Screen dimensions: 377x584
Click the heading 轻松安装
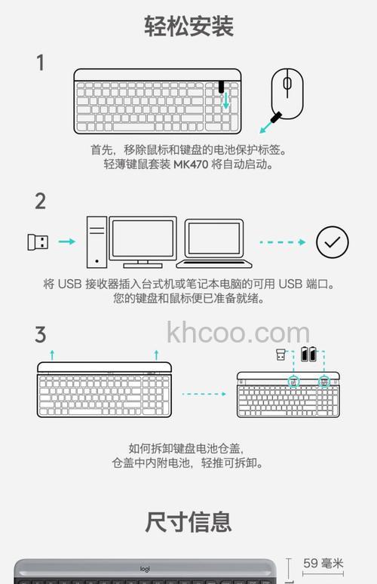coord(188,26)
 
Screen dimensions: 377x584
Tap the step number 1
coord(40,63)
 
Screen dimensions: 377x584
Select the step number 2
coord(40,201)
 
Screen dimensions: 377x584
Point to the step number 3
coord(40,334)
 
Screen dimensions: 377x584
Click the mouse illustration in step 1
coord(287,94)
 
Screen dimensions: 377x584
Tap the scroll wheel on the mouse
coord(287,83)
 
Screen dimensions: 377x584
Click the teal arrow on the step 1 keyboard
coord(225,100)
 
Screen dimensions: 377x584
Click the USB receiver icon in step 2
coord(38,242)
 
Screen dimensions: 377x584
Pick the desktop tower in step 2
coord(97,242)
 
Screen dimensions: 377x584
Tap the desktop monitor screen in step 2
coord(143,238)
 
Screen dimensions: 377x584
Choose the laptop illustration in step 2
coord(214,244)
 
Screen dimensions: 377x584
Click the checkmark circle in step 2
coord(333,242)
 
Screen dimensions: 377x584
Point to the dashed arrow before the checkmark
coord(283,242)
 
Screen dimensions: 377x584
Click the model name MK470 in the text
coord(191,164)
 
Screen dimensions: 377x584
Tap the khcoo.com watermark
coord(238,332)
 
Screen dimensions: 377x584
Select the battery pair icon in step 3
coord(309,354)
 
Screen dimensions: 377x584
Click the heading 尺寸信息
coord(188,522)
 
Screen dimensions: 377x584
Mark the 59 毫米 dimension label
coord(323,563)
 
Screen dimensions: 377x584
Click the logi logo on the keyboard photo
coord(145,569)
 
